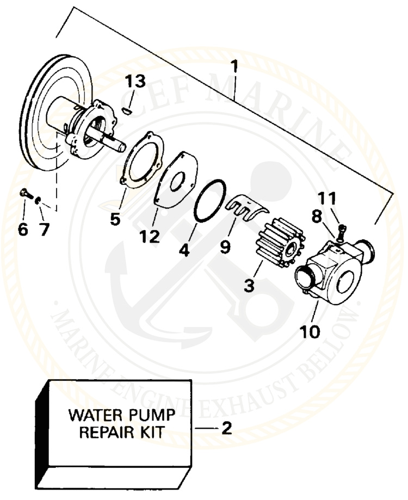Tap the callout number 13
tap(135, 82)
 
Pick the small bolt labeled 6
tap(24, 193)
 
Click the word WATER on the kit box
tap(92, 416)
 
